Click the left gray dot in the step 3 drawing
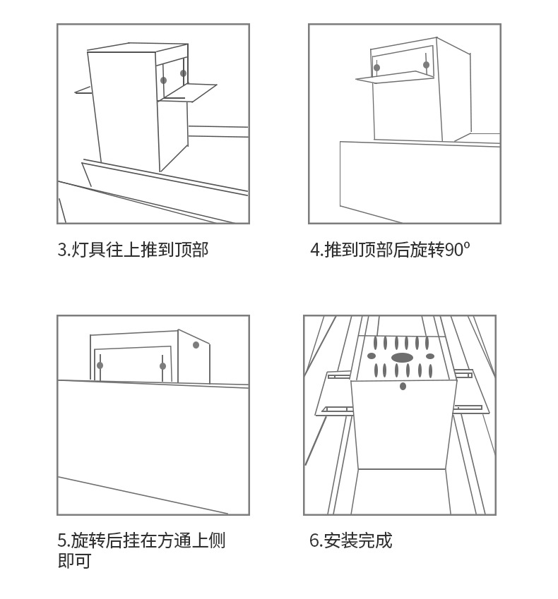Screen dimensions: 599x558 pos(163,80)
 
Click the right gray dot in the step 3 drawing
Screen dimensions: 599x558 pos(183,73)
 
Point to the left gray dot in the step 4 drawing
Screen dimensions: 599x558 pos(376,68)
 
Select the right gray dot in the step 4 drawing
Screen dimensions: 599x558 pos(426,65)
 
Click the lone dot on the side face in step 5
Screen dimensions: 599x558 pos(196,345)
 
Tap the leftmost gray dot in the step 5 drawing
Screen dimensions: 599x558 pos(100,365)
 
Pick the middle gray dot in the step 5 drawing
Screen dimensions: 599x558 pos(162,366)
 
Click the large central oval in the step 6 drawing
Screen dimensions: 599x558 pos(402,358)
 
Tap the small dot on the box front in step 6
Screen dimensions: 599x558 pos(403,386)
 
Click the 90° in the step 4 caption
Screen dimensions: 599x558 pos(458,250)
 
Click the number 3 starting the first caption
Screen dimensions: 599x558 pos(61,250)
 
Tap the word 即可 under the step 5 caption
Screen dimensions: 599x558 pos(74,562)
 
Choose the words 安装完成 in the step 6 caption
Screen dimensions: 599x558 pos(357,541)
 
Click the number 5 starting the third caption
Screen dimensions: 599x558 pos(61,541)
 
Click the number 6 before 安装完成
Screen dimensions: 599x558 pos(314,541)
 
